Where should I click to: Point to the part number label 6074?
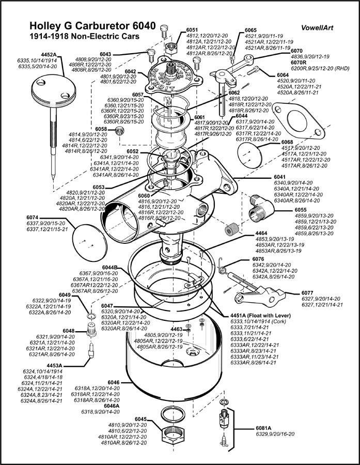33,217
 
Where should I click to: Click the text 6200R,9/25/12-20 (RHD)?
320,68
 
